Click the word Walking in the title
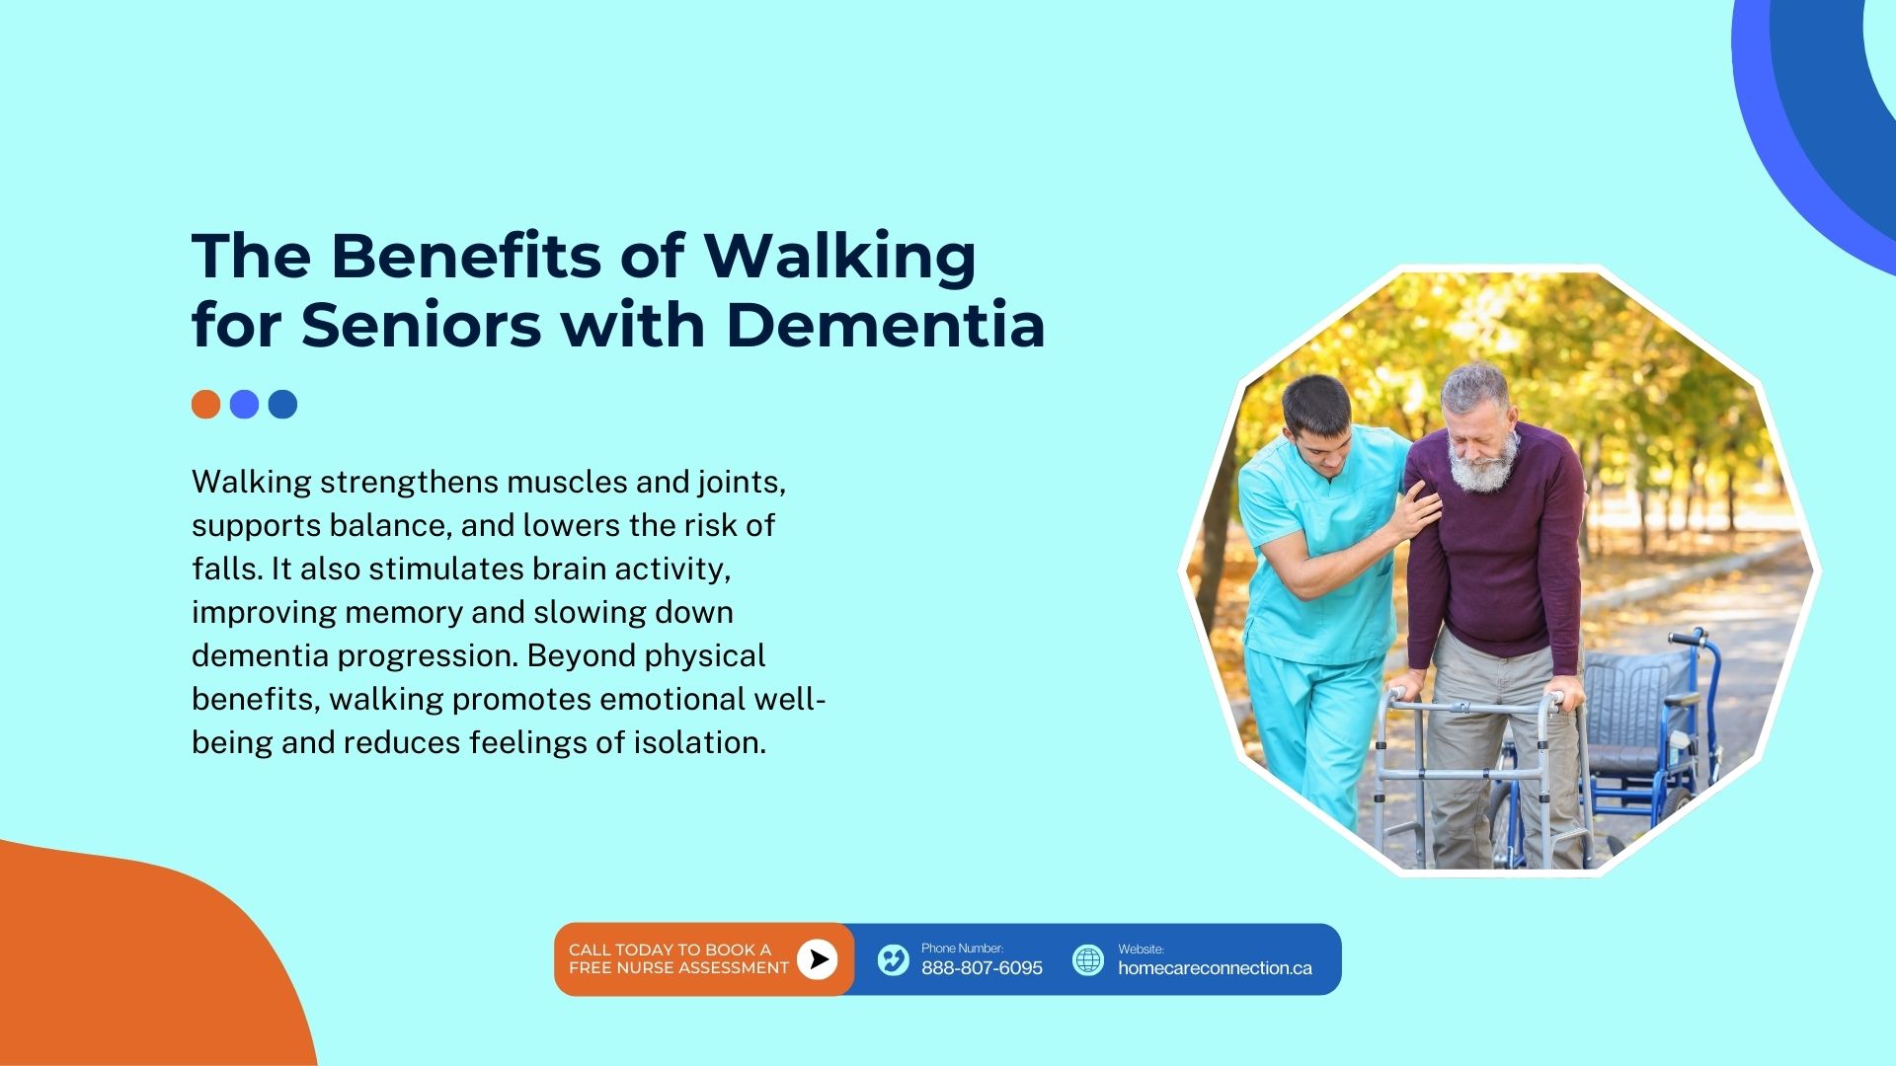tap(839, 258)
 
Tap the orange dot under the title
tap(205, 405)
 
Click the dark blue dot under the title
tap(282, 405)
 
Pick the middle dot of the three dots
tap(244, 405)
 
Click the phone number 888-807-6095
tap(982, 968)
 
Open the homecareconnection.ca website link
tap(1215, 968)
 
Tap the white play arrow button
tap(818, 958)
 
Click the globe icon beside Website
tap(1088, 959)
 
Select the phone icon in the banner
tap(893, 959)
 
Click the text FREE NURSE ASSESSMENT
tap(678, 968)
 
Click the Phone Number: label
tap(962, 949)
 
